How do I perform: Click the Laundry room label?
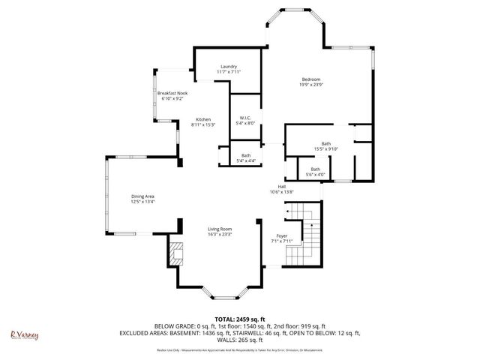click(x=229, y=66)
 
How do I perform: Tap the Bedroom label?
click(x=311, y=79)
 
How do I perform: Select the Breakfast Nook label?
click(x=172, y=92)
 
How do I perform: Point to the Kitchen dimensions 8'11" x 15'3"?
click(x=203, y=125)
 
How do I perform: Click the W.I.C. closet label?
click(x=245, y=118)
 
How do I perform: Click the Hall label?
click(x=281, y=187)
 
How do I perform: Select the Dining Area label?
click(x=143, y=196)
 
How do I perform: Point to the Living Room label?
click(x=220, y=229)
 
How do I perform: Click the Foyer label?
click(x=281, y=236)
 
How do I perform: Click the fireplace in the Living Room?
click(x=175, y=254)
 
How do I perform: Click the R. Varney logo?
click(x=23, y=335)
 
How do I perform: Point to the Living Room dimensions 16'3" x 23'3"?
click(x=220, y=235)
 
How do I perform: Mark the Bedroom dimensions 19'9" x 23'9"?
click(x=311, y=85)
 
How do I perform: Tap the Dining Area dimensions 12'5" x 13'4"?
click(x=143, y=202)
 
